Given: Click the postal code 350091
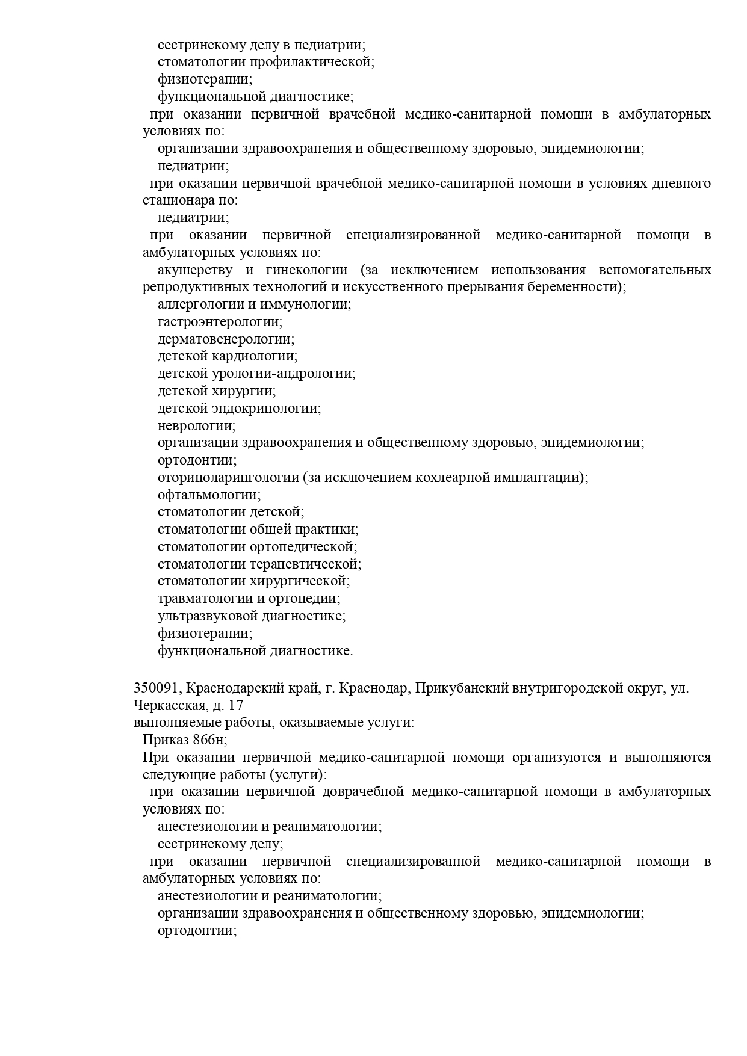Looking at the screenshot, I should tap(156, 688).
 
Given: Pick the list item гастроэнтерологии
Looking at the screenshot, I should tap(220, 322).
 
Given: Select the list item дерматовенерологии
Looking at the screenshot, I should tap(226, 339).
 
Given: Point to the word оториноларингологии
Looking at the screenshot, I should tap(228, 478).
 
